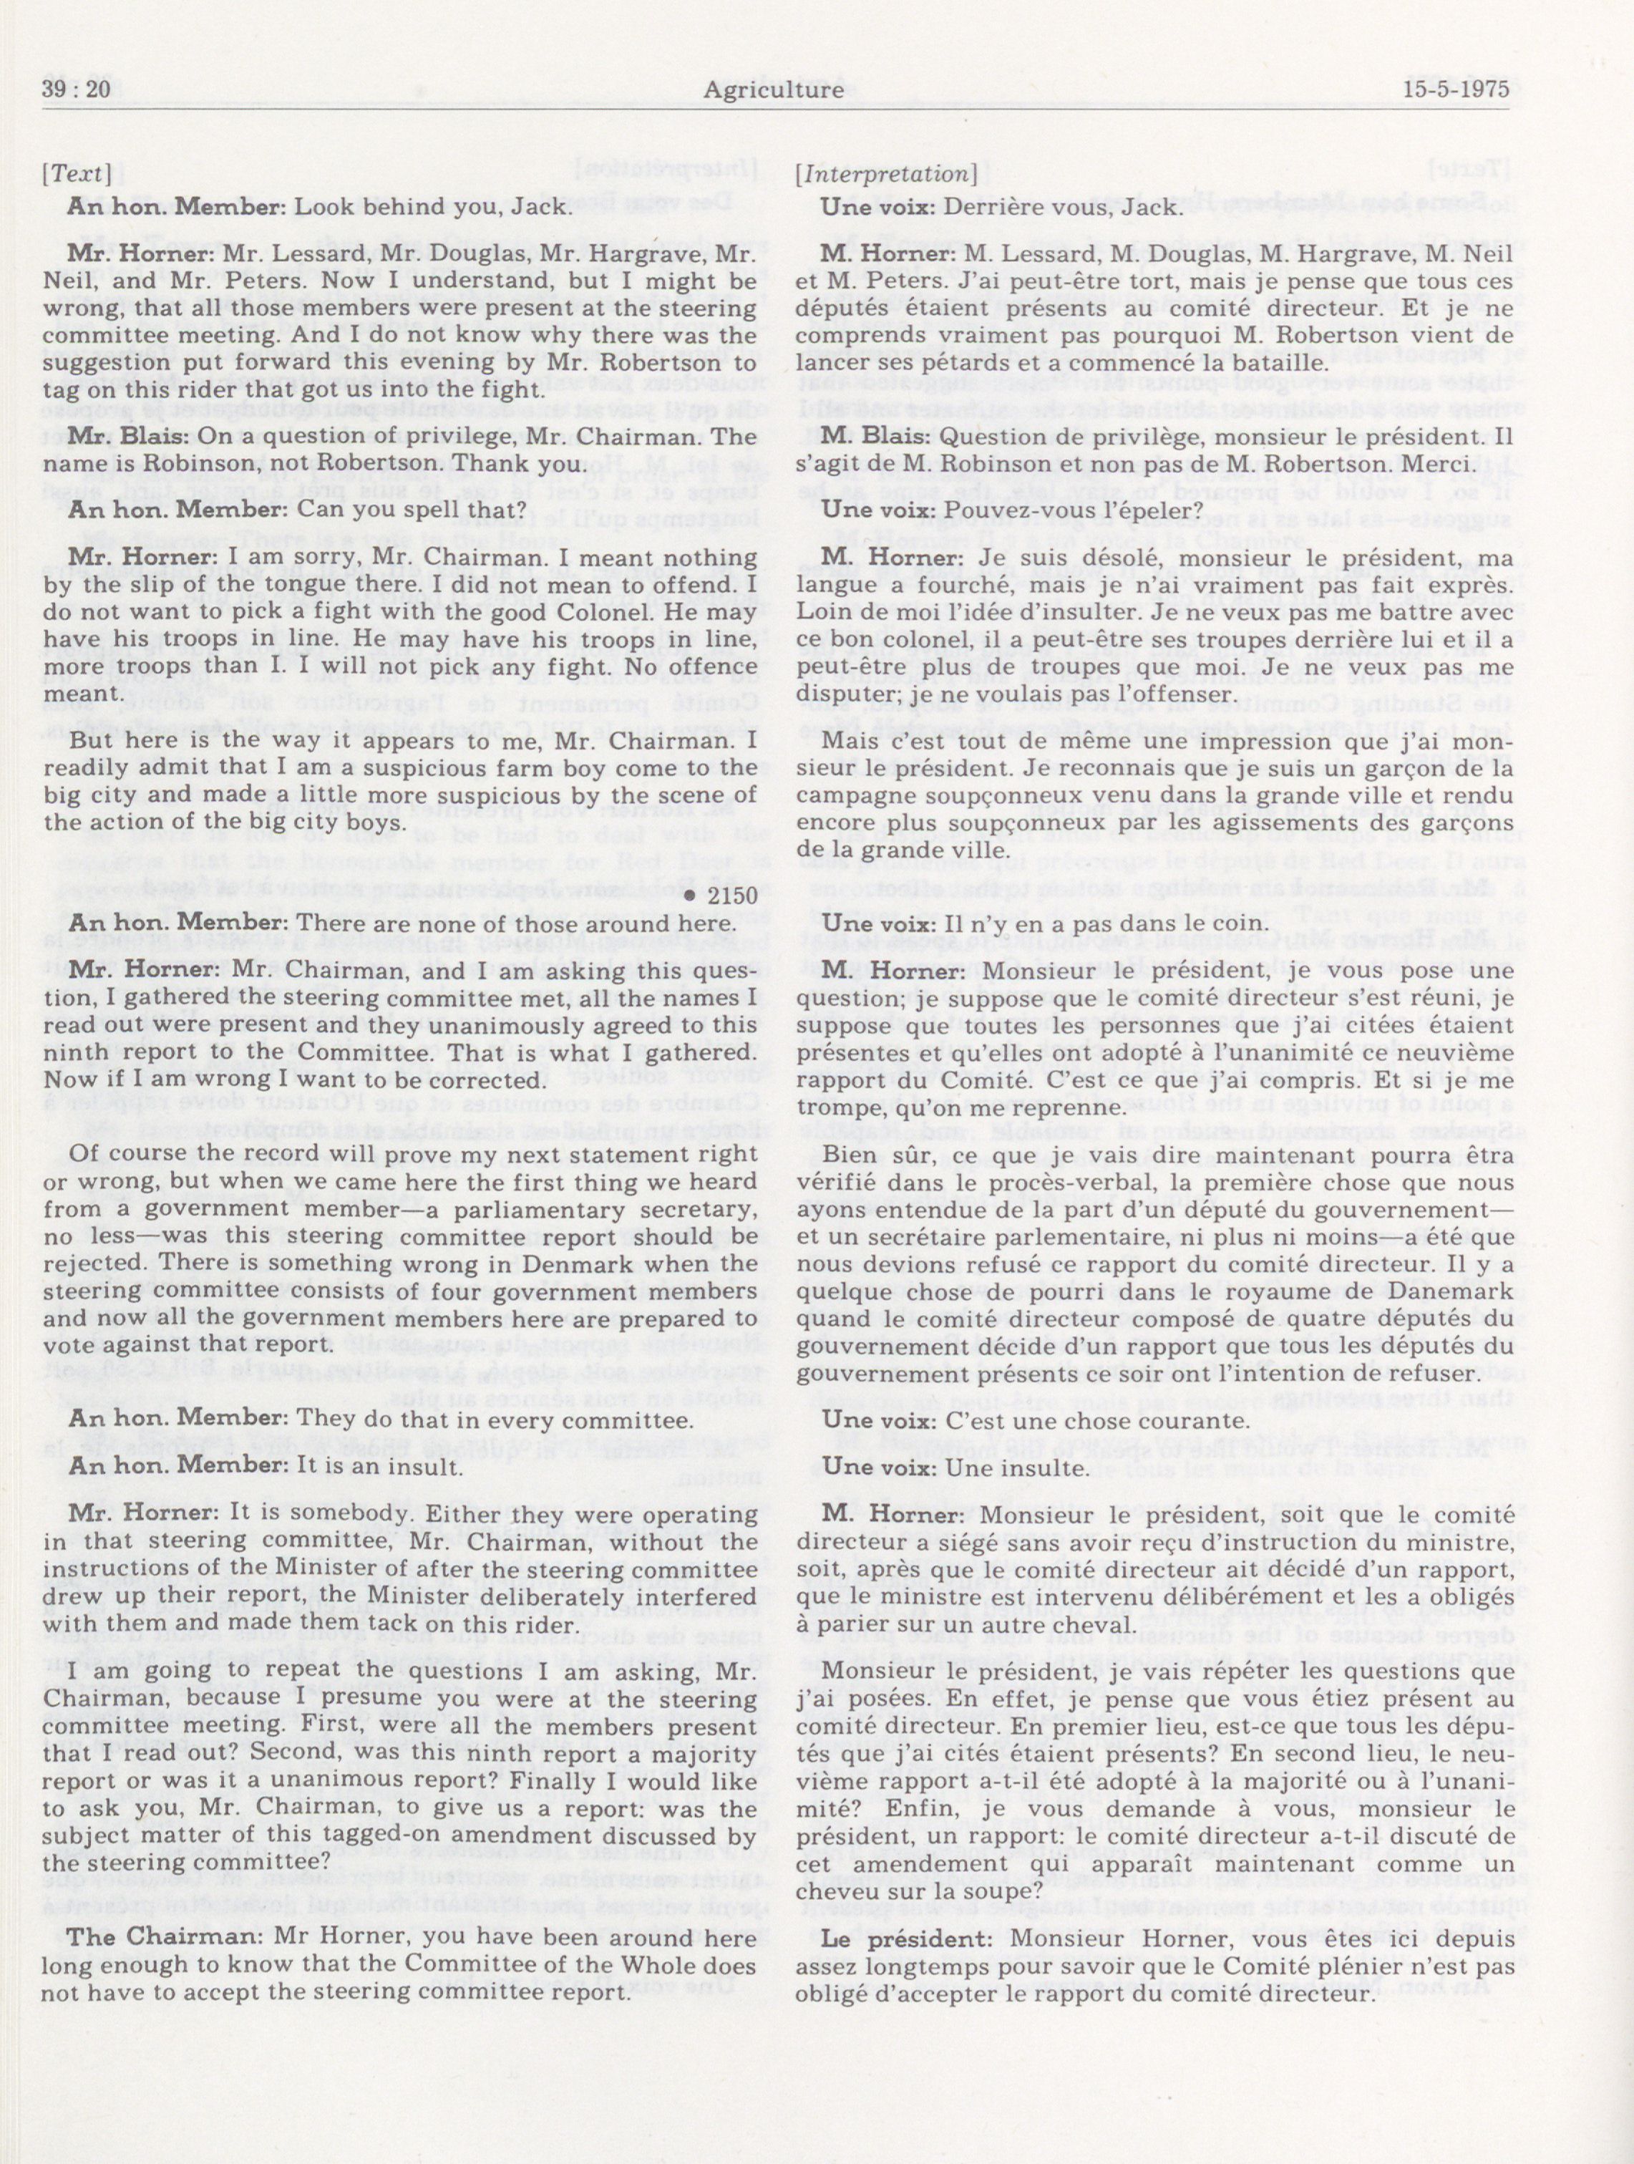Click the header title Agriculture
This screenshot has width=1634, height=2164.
(772, 90)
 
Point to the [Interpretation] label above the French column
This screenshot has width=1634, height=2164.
(886, 174)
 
